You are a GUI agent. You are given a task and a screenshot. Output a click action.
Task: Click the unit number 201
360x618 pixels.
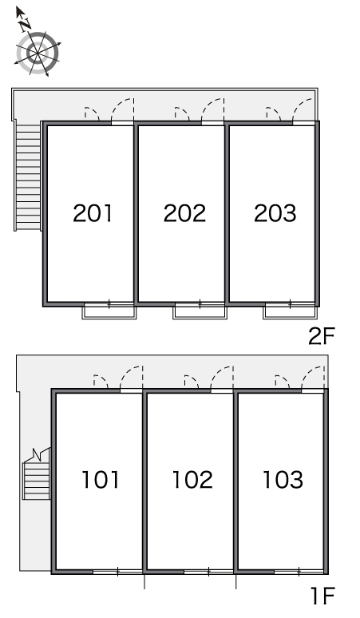point(93,213)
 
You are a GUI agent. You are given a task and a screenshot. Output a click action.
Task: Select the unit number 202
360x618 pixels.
point(184,213)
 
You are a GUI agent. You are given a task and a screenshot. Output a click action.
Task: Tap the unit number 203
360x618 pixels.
point(275,213)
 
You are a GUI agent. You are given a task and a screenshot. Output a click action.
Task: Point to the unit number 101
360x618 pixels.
point(101,480)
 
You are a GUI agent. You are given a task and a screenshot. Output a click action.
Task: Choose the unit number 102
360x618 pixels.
point(192,480)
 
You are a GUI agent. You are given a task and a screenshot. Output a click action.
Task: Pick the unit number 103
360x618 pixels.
point(283,480)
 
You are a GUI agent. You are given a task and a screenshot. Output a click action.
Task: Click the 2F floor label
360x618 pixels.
point(321,336)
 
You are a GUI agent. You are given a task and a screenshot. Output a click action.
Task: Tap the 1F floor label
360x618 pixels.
point(323,596)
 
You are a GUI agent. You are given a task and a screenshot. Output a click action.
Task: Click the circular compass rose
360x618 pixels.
point(38,53)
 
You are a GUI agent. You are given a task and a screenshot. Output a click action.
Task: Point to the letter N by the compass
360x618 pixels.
point(26,25)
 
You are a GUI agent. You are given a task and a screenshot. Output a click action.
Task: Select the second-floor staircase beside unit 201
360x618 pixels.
point(28,176)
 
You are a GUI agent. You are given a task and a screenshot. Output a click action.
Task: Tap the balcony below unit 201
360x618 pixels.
point(109,311)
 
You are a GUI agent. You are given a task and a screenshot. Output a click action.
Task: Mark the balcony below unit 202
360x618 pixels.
point(200,311)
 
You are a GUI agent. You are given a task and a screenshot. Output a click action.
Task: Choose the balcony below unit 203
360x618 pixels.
point(290,311)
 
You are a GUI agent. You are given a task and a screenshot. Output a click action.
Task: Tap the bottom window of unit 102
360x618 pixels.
point(208,572)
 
